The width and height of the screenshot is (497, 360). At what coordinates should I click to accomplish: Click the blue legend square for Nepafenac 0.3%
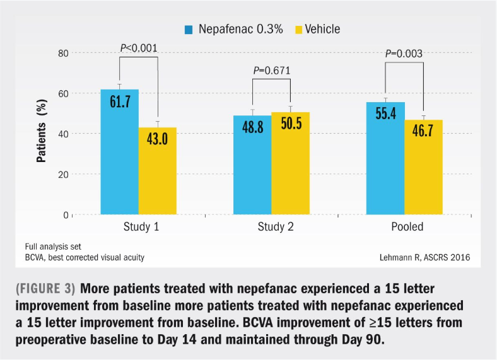189,30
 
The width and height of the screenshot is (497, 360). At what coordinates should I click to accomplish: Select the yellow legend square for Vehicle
299,30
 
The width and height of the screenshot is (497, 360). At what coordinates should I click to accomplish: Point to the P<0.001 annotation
139,47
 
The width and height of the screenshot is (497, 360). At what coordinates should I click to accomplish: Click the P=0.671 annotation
271,70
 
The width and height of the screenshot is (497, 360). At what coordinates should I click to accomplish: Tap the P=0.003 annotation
404,54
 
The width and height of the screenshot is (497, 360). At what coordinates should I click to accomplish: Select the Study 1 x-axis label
139,226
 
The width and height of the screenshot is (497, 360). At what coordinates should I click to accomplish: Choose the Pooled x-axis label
404,226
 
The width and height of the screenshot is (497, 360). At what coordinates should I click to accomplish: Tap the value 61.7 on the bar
119,101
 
